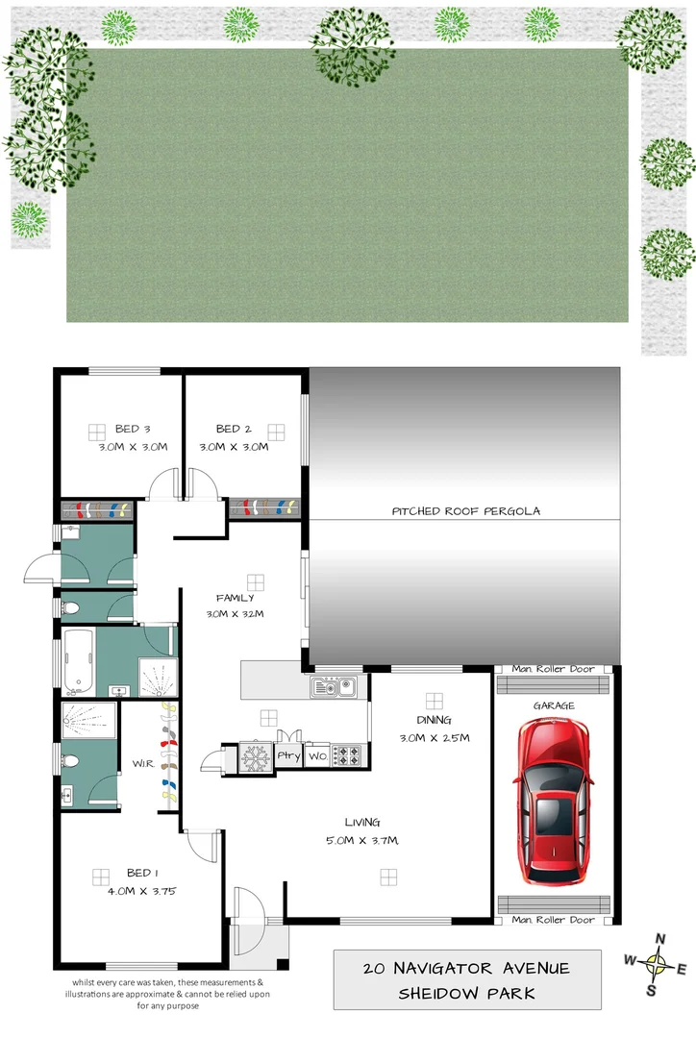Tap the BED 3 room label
tap(134, 429)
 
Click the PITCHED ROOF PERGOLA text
tap(465, 511)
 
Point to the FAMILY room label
tap(235, 598)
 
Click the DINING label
tap(434, 719)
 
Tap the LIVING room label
tap(363, 822)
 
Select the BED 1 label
tap(141, 874)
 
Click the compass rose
tap(657, 962)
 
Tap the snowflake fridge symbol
tap(254, 757)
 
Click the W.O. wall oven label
tap(318, 756)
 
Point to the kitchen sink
tap(334, 687)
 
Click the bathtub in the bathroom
tap(79, 661)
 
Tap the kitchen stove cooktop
tap(347, 756)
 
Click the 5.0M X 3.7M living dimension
tap(363, 841)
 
